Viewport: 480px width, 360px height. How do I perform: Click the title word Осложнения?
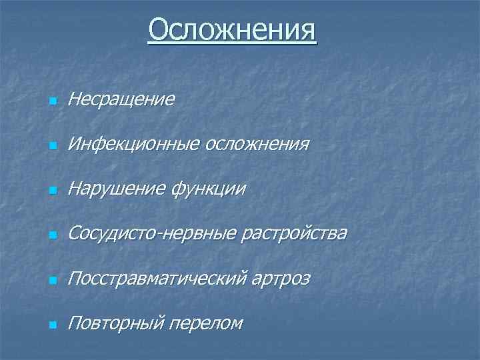233,30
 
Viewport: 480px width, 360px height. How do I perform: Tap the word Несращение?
121,99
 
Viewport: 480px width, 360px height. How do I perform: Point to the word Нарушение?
118,189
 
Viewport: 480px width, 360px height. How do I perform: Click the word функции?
209,190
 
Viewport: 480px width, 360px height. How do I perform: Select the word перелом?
205,324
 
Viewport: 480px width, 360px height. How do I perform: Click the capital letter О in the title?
159,30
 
